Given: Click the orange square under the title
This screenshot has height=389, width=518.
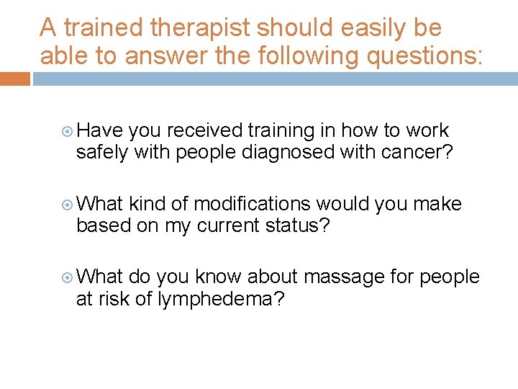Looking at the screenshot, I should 14,79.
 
